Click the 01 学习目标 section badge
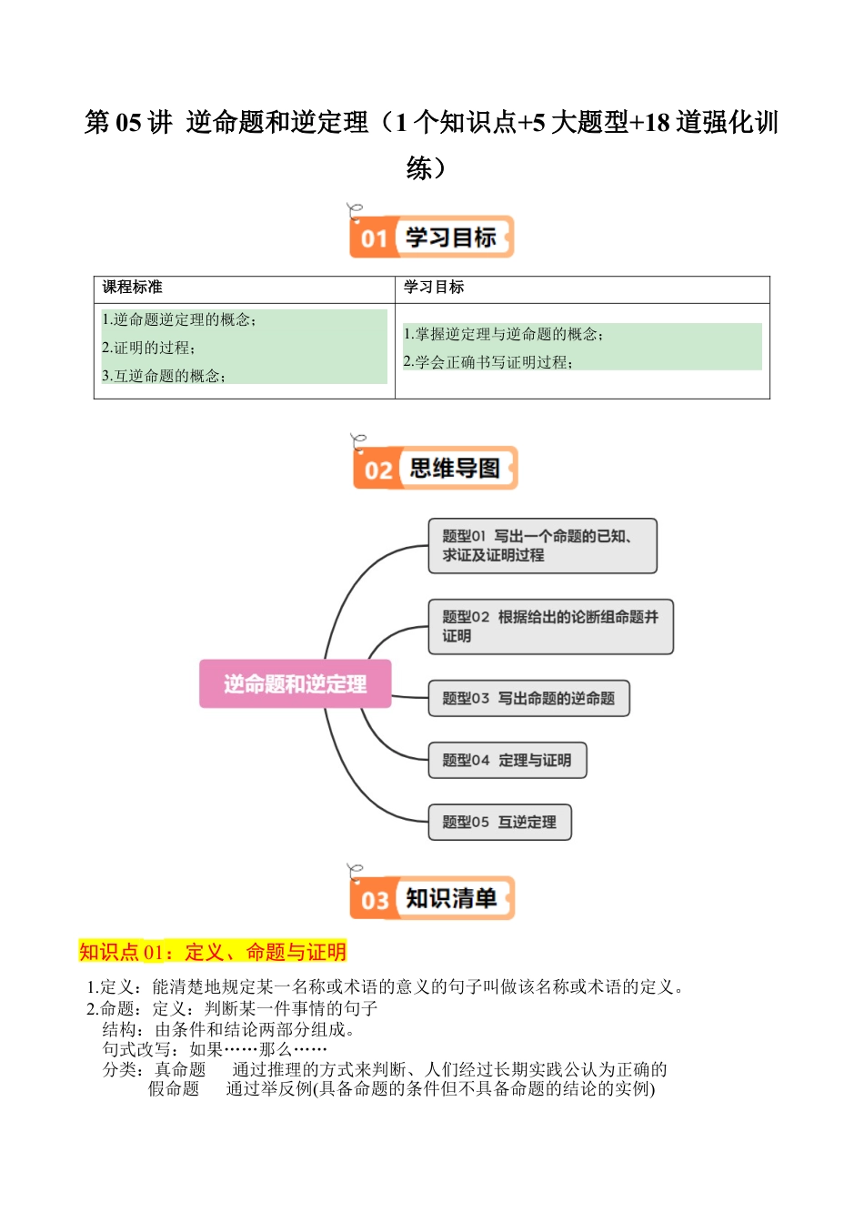432,238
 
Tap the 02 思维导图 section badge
436,469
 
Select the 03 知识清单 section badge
432,898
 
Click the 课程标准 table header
133,288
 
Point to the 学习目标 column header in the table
434,288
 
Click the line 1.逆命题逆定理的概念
179,319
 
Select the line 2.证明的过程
149,348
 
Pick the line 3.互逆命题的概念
164,376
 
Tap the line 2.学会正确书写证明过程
487,362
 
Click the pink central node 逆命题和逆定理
296,684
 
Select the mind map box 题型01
542,546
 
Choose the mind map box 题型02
550,626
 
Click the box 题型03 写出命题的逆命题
528,699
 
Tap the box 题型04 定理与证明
507,761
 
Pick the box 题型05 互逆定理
499,823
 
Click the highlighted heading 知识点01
213,952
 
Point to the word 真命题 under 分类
180,1069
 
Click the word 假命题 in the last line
174,1088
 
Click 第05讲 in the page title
128,123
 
